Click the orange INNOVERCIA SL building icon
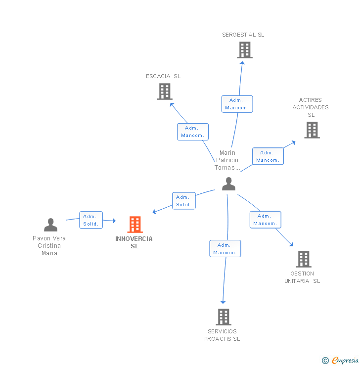[135, 225]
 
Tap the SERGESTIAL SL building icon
[244, 50]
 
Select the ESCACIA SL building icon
[165, 91]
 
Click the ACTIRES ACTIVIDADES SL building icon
[312, 130]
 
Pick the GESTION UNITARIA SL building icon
[303, 259]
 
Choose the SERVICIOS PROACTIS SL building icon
[224, 317]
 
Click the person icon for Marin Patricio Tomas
[228, 184]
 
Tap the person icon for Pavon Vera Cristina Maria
[50, 225]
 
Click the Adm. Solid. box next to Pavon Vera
[91, 220]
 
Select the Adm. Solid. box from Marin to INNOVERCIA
[183, 201]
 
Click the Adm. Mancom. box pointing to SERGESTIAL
[237, 104]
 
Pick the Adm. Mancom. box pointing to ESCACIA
[193, 132]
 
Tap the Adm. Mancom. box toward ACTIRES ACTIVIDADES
[268, 156]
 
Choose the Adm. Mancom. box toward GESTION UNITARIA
[265, 220]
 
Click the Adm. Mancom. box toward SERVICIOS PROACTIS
[225, 249]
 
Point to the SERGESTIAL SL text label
[243, 35]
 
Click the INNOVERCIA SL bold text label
[134, 242]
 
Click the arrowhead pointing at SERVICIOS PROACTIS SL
[223, 301]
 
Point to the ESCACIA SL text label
[163, 76]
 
